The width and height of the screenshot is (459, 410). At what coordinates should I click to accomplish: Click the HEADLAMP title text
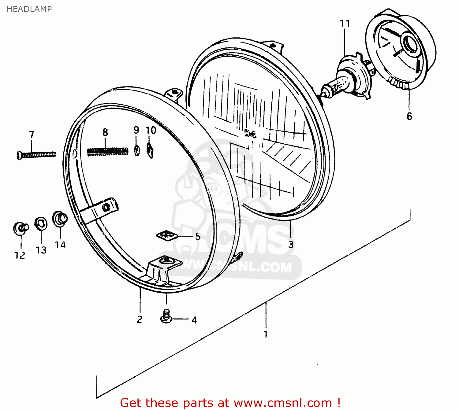coord(29,9)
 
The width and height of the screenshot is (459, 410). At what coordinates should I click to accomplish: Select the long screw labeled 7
coord(36,155)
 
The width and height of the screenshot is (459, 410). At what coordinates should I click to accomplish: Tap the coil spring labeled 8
coord(107,151)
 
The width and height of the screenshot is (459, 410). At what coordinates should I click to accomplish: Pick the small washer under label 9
coord(137,150)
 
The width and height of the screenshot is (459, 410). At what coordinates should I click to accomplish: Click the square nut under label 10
coord(150,150)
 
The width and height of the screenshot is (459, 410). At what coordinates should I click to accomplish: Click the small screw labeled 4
coord(166,316)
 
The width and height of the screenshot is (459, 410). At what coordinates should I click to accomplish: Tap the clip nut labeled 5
coord(167,235)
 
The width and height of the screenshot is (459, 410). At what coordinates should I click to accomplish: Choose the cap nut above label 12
coord(21,228)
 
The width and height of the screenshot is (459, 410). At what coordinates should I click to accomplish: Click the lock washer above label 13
coord(41,224)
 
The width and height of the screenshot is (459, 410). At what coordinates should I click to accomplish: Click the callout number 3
coord(291,245)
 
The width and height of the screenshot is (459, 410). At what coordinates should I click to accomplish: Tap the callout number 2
coord(140,319)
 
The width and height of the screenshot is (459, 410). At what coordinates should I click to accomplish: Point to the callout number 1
coord(266,334)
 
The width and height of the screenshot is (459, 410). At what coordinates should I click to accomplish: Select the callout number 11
coord(345,24)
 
